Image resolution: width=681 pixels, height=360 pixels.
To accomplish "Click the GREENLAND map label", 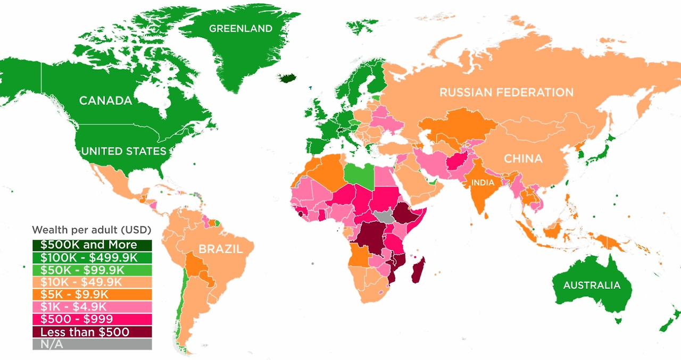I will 240,29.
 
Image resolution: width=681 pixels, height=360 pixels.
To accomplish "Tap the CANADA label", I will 105,101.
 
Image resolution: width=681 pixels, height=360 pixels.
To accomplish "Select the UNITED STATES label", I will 123,152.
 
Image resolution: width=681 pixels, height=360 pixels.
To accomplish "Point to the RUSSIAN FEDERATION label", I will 506,93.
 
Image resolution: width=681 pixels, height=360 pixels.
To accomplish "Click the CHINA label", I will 523,158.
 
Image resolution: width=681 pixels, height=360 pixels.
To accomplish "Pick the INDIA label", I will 483,183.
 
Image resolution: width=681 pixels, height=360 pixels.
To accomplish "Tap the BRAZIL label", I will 220,249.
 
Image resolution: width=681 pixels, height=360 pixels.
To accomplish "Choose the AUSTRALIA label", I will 592,286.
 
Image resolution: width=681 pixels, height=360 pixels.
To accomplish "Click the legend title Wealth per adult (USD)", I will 92,230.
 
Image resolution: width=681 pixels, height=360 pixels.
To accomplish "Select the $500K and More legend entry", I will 92,245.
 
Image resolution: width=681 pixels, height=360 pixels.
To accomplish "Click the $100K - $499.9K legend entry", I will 92,257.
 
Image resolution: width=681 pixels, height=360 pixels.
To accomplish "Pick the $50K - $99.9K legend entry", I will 92,270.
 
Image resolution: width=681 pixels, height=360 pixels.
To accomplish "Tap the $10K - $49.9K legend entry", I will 92,282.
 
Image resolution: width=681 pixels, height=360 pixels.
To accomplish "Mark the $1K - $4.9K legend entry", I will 92,307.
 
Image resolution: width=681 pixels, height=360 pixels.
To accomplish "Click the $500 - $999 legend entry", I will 92,319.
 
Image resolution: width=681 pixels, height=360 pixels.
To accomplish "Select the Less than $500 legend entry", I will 92,332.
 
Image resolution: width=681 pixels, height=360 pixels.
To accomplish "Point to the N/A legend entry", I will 92,344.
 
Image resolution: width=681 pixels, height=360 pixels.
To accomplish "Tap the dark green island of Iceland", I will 289,79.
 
